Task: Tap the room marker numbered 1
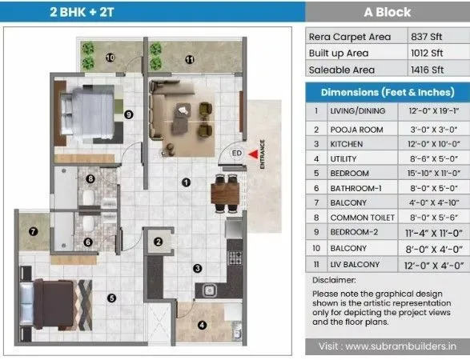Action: coord(186,182)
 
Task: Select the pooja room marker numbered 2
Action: coord(159,242)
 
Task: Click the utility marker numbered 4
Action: coord(202,325)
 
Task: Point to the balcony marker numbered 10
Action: coord(110,57)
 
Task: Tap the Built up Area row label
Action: coord(339,53)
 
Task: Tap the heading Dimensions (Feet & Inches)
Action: coord(387,91)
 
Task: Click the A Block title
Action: coord(387,12)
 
